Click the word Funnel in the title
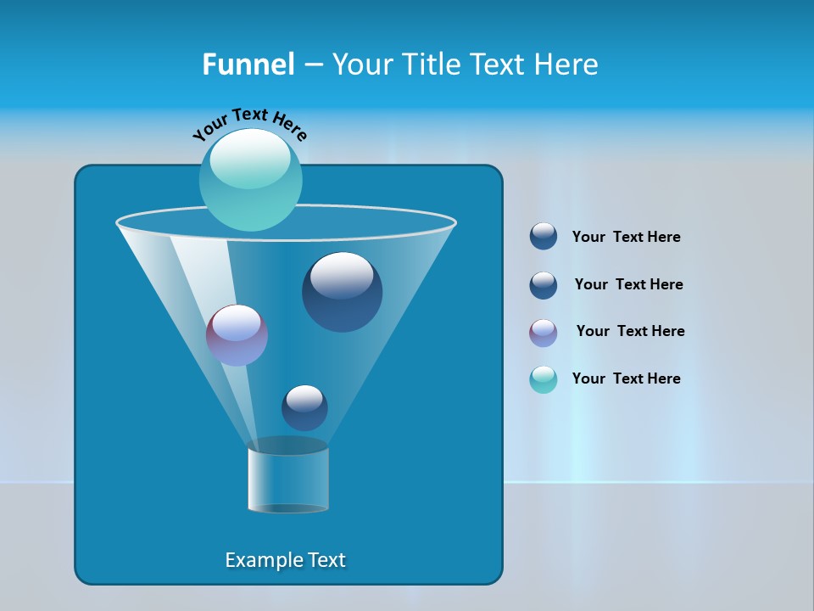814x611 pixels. pos(248,64)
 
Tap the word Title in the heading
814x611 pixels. pos(432,64)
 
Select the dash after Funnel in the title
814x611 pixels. pos(312,65)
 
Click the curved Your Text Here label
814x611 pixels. pos(250,123)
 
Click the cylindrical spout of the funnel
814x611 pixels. pos(288,479)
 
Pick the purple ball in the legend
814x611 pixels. pos(544,333)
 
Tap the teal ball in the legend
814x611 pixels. pos(544,379)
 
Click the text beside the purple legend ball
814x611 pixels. pos(630,331)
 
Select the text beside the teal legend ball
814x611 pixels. pos(626,378)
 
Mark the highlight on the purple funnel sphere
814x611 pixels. pos(236,323)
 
